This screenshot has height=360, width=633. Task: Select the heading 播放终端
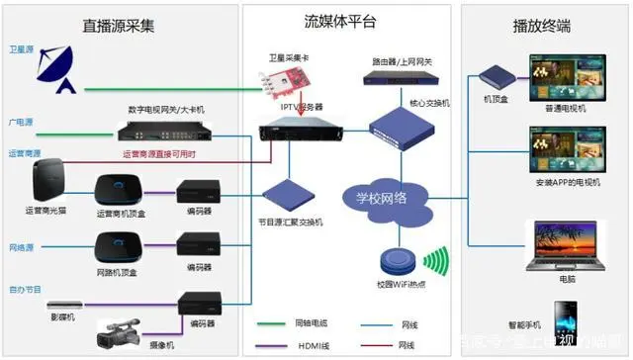[x=541, y=26]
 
